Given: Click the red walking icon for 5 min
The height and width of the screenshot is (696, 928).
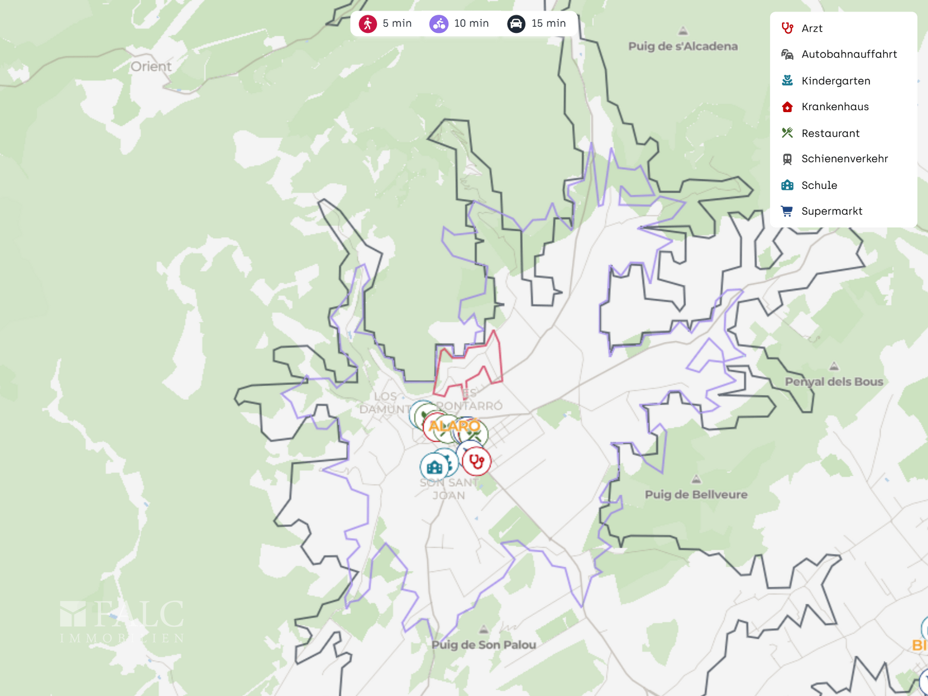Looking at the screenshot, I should pyautogui.click(x=367, y=24).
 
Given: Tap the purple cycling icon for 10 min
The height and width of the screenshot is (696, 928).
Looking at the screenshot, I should pyautogui.click(x=439, y=24).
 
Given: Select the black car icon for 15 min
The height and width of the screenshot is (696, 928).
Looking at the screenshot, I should pyautogui.click(x=516, y=24).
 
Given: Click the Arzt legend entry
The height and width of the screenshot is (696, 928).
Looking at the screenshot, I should pyautogui.click(x=812, y=29).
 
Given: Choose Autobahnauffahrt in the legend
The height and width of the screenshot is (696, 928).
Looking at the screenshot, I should pyautogui.click(x=849, y=54).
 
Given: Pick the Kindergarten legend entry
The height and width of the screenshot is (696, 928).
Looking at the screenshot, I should pyautogui.click(x=835, y=81).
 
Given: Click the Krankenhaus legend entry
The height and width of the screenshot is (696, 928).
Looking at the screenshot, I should pyautogui.click(x=835, y=107).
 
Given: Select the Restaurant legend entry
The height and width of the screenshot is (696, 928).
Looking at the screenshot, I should pyautogui.click(x=830, y=133).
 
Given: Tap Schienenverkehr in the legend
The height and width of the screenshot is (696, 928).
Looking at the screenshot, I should pyautogui.click(x=844, y=159).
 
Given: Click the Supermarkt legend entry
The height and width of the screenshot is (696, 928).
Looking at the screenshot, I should pyautogui.click(x=831, y=211).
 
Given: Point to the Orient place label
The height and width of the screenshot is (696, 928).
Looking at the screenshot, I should pyautogui.click(x=151, y=67).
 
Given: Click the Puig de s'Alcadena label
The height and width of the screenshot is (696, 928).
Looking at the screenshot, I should pyautogui.click(x=682, y=46).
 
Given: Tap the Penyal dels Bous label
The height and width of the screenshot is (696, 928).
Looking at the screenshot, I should pyautogui.click(x=834, y=382).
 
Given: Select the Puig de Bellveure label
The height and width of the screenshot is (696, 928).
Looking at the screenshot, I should pyautogui.click(x=696, y=494).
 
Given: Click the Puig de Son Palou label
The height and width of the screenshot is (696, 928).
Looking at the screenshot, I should pyautogui.click(x=483, y=645).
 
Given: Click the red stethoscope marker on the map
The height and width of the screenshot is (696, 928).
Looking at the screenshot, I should pyautogui.click(x=477, y=461).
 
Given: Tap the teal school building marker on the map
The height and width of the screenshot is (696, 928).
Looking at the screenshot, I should pyautogui.click(x=434, y=467).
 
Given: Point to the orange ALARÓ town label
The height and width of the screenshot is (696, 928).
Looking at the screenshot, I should pyautogui.click(x=454, y=426).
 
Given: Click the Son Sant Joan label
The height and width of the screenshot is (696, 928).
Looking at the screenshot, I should pyautogui.click(x=449, y=489).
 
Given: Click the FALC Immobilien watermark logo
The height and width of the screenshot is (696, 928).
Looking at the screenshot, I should pyautogui.click(x=122, y=622).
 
